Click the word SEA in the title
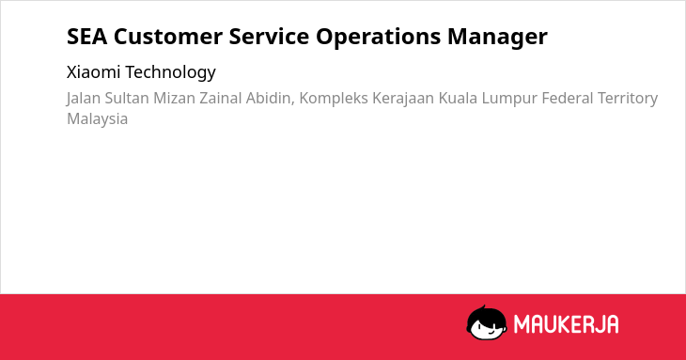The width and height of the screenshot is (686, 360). pos(87,37)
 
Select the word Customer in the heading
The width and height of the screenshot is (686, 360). pos(168,37)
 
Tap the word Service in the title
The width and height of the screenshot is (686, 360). pos(269,37)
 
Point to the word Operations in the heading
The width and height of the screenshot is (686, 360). pos(379,38)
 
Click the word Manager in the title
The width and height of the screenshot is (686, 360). pos(497,38)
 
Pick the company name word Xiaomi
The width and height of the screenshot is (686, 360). pos(94,71)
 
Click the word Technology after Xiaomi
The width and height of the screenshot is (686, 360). pos(171,72)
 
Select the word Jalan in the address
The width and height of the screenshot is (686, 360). pos(84,98)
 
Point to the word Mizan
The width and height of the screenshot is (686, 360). pos(174,98)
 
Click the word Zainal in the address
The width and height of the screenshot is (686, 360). pos(221,98)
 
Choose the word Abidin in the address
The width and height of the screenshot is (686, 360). pos(271,99)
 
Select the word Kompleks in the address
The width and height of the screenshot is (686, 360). pos(334,99)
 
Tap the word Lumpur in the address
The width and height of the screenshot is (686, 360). pos(509,99)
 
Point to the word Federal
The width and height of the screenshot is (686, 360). pos(567,98)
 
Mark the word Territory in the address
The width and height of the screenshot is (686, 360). pos(628,99)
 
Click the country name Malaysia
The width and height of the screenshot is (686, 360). pos(98,119)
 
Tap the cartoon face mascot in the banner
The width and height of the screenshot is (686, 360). pos(487,322)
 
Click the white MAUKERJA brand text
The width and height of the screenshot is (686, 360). pos(566,324)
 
